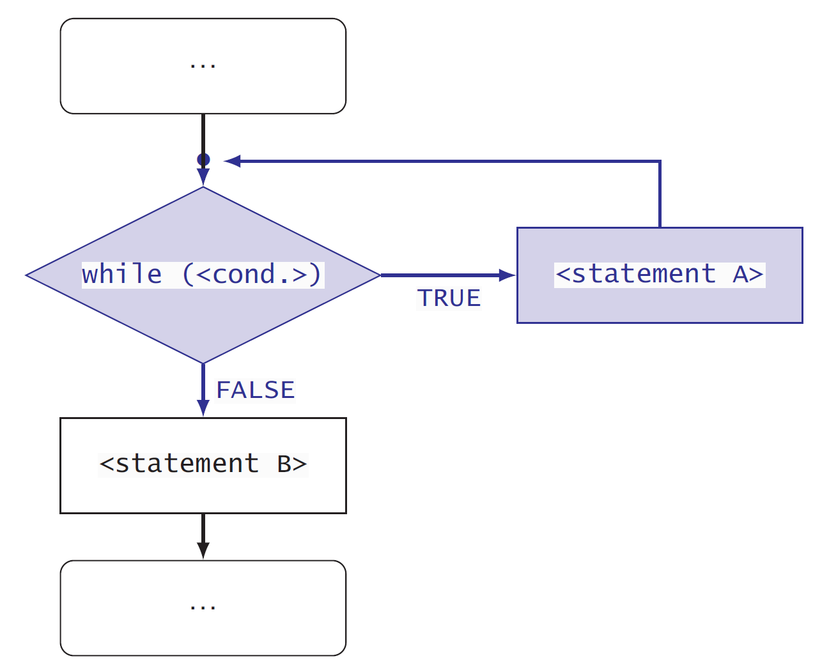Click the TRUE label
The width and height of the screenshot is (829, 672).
[449, 298]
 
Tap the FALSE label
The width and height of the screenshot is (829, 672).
[256, 390]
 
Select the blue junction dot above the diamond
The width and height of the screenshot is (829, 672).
[203, 159]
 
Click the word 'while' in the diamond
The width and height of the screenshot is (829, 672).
[121, 274]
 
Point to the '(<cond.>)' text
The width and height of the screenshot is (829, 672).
[252, 274]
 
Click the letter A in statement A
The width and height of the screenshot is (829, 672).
[741, 275]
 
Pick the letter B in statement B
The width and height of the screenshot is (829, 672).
[284, 464]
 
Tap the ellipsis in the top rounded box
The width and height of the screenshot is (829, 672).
[203, 65]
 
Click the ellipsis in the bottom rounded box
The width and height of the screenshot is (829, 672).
[203, 607]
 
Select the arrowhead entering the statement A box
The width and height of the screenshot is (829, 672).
[507, 275]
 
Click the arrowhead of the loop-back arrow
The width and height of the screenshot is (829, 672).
[232, 161]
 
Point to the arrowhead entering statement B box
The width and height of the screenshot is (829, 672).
[203, 408]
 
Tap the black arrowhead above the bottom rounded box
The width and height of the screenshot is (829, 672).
[203, 550]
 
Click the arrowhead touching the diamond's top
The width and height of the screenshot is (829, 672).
[203, 177]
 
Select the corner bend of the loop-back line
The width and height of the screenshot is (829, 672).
[660, 162]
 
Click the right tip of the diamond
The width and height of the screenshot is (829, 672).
[380, 275]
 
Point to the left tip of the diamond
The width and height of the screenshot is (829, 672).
[27, 275]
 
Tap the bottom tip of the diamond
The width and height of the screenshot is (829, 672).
[203, 363]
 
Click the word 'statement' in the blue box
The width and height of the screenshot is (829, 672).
[643, 275]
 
